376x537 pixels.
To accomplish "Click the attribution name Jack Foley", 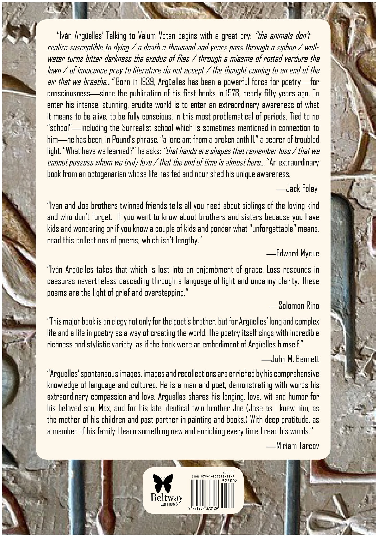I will click(302, 189).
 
